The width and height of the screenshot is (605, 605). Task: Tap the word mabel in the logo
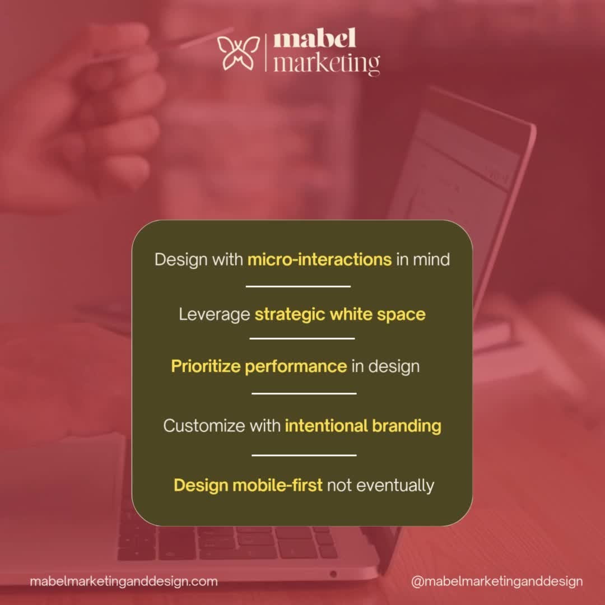[315, 40]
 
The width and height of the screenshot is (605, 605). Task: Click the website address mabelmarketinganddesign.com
[124, 581]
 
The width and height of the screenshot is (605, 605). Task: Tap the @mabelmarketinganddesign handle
[497, 581]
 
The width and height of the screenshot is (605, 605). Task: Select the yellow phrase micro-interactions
[319, 260]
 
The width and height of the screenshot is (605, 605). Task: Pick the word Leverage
[214, 314]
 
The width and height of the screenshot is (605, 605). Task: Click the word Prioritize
[206, 366]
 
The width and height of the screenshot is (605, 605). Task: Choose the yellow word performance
[296, 367]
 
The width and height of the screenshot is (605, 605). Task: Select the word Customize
[204, 426]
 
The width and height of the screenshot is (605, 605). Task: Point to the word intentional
[318, 426]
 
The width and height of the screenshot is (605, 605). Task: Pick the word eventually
[395, 485]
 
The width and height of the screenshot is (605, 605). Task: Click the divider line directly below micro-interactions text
[298, 286]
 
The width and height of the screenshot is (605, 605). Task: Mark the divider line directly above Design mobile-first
[304, 455]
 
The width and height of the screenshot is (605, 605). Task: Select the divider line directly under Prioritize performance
[304, 393]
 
